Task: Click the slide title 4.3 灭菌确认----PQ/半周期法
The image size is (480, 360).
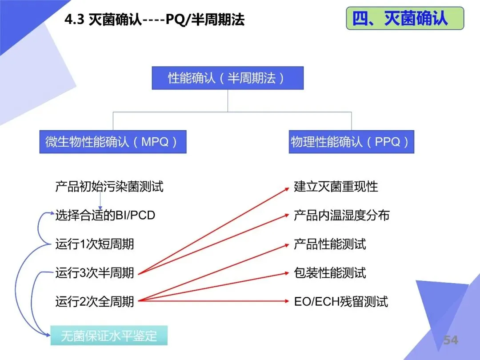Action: pos(155,20)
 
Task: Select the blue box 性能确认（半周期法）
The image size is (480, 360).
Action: pos(228,78)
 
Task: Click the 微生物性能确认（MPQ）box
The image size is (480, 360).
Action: pos(112,142)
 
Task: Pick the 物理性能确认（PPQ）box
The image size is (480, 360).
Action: pos(351,142)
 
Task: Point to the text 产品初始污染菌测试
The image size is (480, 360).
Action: pos(109,186)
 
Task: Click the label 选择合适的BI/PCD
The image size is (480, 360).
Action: pos(105,216)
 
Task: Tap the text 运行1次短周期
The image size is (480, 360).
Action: pos(95,244)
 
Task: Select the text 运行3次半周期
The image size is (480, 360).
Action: pos(95,273)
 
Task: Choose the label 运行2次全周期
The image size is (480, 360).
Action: pos(95,302)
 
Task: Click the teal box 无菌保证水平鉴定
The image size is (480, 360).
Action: pos(109,336)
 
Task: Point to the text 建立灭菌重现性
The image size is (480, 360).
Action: pos(336,186)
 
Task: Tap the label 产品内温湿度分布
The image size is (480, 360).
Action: pos(342,216)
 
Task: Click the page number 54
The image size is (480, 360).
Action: pos(450,340)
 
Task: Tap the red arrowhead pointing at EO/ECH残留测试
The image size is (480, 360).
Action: pos(287,302)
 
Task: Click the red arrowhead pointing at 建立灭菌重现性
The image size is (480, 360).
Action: pos(287,188)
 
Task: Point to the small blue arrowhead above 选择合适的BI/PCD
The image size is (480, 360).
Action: pos(101,208)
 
